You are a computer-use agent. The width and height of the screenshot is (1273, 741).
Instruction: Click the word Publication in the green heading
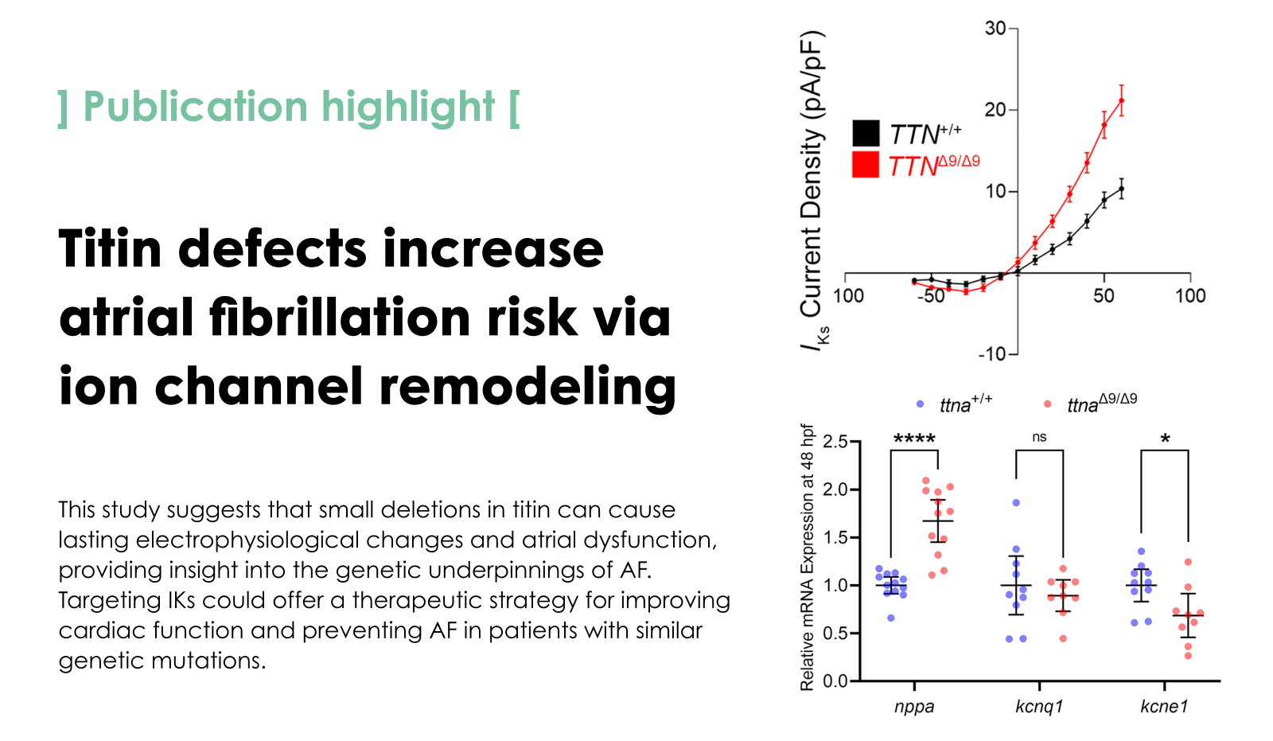[x=195, y=107]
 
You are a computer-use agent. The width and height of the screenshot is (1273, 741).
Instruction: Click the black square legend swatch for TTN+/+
[x=866, y=134]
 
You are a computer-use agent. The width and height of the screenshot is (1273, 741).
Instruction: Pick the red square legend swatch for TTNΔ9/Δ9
[x=866, y=165]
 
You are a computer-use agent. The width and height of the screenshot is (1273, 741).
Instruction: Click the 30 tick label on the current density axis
[x=995, y=29]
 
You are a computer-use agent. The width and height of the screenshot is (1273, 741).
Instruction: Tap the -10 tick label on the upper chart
[x=992, y=353]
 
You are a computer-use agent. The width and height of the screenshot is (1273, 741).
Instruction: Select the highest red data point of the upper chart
[x=1121, y=100]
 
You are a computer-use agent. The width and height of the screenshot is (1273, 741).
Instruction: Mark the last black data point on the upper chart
[x=1121, y=189]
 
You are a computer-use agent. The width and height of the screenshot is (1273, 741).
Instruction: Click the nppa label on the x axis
[x=914, y=707]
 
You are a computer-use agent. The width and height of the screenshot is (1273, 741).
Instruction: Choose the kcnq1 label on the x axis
[x=1039, y=707]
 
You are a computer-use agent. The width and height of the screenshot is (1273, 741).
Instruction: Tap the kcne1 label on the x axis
[x=1164, y=707]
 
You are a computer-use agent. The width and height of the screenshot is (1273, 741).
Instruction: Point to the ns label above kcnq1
[x=1039, y=437]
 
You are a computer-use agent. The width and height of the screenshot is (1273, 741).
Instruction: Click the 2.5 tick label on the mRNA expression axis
[x=835, y=442]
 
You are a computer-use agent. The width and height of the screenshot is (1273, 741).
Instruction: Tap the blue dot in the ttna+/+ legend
[x=921, y=404]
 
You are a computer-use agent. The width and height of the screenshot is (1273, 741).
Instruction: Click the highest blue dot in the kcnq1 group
[x=1016, y=503]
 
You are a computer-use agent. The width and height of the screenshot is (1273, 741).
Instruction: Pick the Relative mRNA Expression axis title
[x=808, y=557]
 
